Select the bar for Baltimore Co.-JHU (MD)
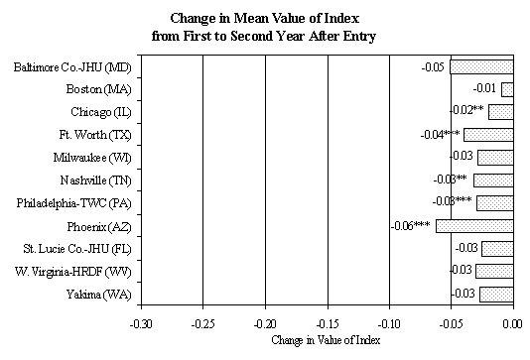(481, 66)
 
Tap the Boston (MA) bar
(507, 89)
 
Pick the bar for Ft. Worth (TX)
(488, 134)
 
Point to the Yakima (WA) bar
(496, 294)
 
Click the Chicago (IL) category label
(98, 112)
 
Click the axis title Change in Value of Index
(325, 341)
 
